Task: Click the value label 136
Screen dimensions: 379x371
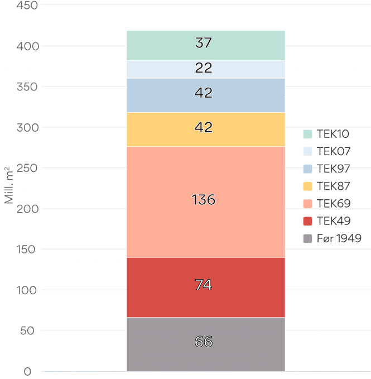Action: pos(204,200)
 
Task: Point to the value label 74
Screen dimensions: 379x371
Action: pos(204,285)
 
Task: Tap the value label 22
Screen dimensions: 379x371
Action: pos(204,69)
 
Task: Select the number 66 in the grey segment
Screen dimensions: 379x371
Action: pos(204,342)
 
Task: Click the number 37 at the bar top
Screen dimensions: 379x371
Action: pos(204,42)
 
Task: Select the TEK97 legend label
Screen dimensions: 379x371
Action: pos(333,169)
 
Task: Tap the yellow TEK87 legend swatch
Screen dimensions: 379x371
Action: pos(307,186)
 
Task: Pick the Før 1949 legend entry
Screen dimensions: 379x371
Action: pos(333,238)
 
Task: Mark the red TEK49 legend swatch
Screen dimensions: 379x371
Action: pos(307,221)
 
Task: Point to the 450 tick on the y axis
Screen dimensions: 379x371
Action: pos(27,6)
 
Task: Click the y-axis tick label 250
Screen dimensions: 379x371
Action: pos(27,168)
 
